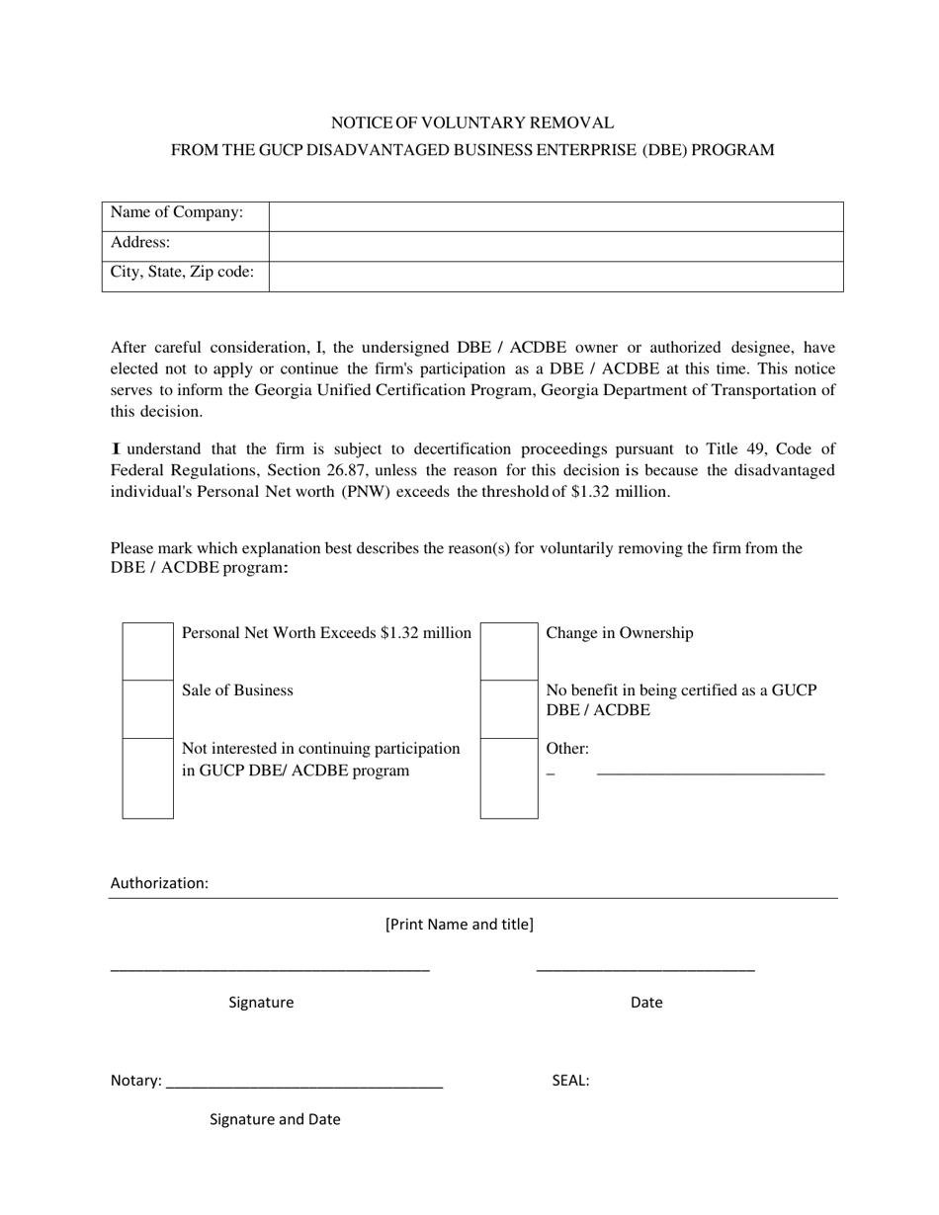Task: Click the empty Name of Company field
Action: (555, 216)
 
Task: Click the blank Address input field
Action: (555, 246)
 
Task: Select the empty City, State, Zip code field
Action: (555, 276)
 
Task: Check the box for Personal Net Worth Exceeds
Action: (148, 651)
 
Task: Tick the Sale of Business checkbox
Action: (148, 708)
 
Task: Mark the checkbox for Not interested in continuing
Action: (148, 777)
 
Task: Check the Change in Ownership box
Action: (509, 651)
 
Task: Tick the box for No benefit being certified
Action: (509, 708)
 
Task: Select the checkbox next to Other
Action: (509, 777)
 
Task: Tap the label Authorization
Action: (159, 883)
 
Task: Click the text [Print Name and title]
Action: (460, 925)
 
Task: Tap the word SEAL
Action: (570, 1081)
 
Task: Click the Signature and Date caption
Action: (275, 1119)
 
